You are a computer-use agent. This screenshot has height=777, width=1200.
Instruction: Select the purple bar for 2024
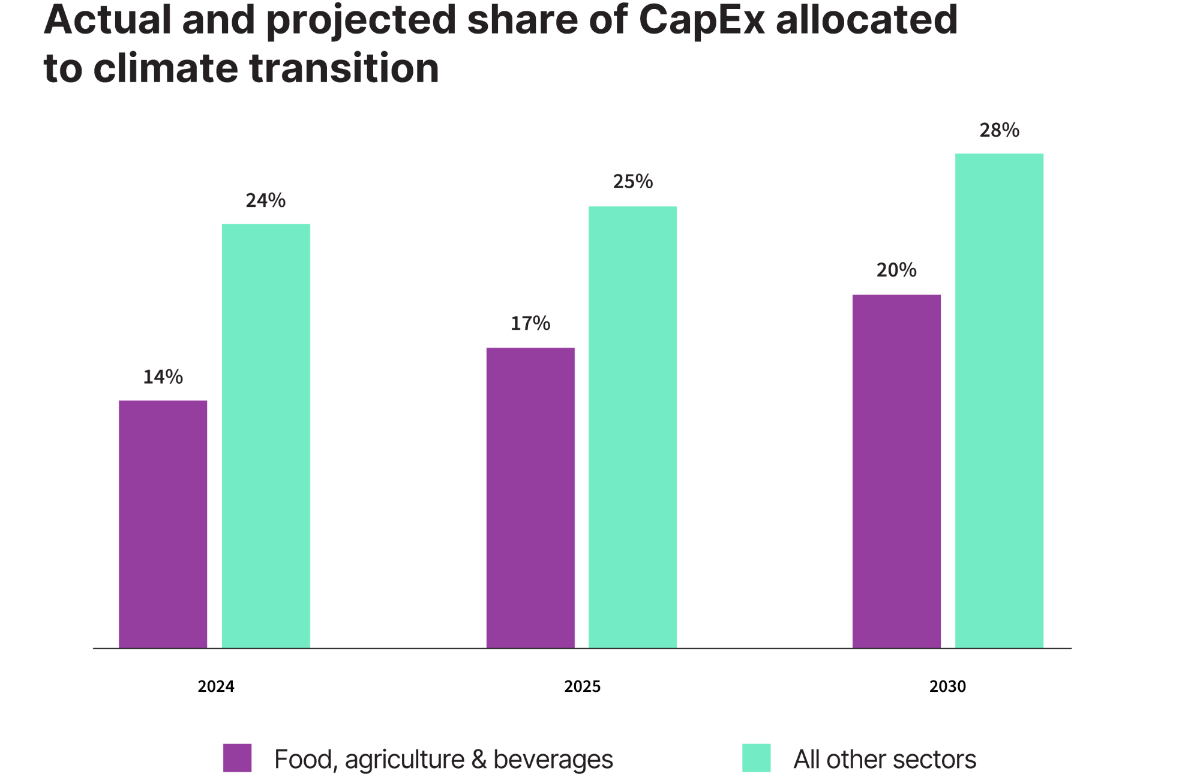tap(163, 524)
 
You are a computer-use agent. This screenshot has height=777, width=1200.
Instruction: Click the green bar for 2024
tap(266, 436)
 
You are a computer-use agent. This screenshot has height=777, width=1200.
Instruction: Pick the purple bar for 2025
tap(530, 498)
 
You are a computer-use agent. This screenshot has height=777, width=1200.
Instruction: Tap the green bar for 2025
tap(632, 427)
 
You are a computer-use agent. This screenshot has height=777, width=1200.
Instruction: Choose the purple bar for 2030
tap(896, 471)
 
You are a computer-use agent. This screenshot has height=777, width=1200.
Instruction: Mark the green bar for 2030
tap(999, 400)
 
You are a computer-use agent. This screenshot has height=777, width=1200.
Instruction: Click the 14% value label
tap(163, 377)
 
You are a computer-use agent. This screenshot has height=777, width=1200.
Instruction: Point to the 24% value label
tap(266, 200)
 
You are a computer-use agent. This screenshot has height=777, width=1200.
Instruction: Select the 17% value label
tap(530, 324)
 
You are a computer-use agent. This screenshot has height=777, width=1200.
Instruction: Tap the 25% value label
tap(632, 182)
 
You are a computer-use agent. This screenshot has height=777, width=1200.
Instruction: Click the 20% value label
tap(896, 270)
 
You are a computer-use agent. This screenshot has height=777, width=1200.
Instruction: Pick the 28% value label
tap(999, 130)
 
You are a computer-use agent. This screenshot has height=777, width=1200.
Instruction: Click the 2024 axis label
tap(216, 686)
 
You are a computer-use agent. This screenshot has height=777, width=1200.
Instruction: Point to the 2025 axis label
tap(582, 686)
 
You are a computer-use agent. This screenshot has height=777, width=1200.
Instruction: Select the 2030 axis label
tap(947, 686)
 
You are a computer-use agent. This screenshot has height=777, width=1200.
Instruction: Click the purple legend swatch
tap(237, 758)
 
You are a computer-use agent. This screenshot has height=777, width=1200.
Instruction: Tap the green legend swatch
tap(756, 758)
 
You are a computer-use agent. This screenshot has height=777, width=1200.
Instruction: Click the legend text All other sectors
tap(884, 760)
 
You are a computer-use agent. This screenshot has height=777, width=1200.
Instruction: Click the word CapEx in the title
tap(701, 20)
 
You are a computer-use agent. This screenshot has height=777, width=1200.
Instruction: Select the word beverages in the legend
tap(553, 760)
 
